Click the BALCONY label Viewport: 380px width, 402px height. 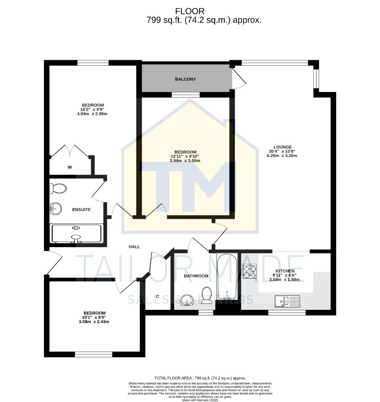185,79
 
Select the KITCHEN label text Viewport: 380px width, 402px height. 285,271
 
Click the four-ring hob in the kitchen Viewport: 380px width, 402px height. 249,271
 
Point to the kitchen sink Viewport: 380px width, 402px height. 287,301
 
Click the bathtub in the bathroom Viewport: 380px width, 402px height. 227,276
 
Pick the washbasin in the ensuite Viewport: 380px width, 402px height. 55,209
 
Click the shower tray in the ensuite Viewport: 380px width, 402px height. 77,234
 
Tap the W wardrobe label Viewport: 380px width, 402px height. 70,167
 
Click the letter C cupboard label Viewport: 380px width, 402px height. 158,297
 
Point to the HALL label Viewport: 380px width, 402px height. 134,247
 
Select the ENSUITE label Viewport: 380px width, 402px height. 81,210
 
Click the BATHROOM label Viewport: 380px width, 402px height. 196,276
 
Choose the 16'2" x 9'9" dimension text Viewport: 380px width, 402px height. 92,109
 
